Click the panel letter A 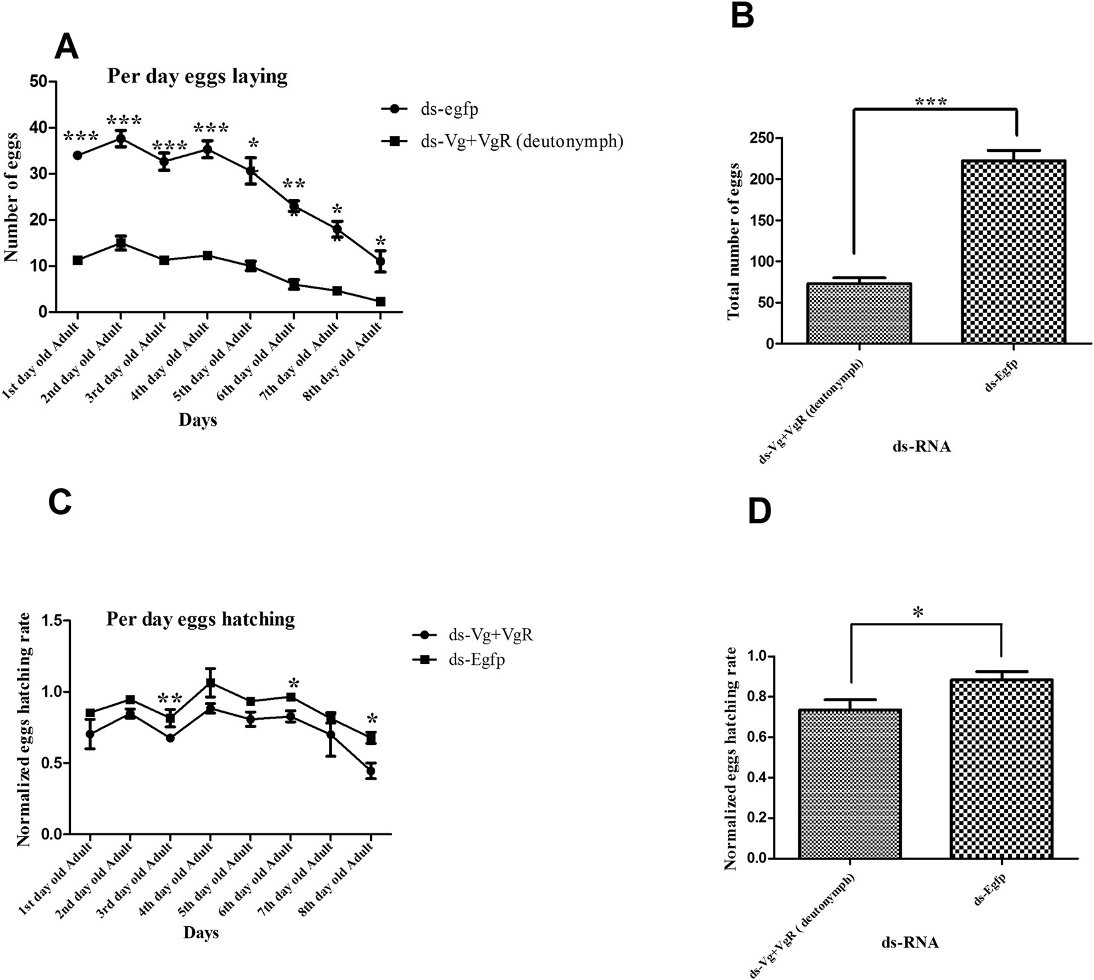click(66, 47)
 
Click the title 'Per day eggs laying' click(198, 76)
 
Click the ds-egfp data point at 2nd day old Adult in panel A click(121, 138)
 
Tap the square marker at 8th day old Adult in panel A click(381, 301)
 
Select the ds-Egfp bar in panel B click(1013, 251)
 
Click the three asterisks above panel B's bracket click(930, 102)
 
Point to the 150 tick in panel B click(768, 220)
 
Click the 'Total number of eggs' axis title click(733, 241)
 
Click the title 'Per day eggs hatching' click(200, 619)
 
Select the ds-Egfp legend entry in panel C click(476, 660)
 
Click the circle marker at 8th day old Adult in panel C click(371, 771)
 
